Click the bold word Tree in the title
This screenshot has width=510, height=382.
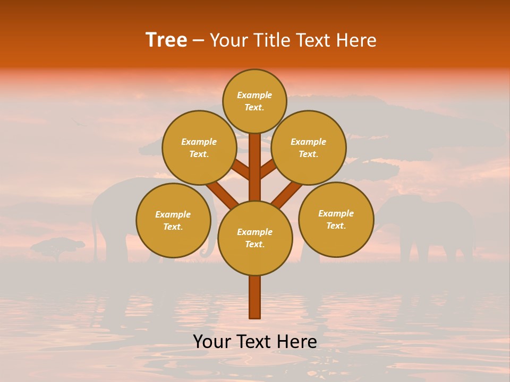click(x=166, y=40)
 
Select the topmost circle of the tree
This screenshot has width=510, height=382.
click(x=254, y=101)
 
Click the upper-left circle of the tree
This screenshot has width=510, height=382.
click(x=199, y=147)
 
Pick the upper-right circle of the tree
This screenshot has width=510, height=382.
click(x=309, y=147)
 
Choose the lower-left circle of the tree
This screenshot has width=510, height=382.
click(x=173, y=220)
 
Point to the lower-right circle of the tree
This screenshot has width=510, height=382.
click(x=336, y=219)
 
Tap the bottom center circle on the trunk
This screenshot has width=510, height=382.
click(x=255, y=238)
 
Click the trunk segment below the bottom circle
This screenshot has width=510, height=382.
click(x=255, y=297)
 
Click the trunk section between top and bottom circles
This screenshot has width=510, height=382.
click(x=255, y=167)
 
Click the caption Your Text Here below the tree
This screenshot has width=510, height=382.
click(x=255, y=342)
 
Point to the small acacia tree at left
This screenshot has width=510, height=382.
click(x=57, y=247)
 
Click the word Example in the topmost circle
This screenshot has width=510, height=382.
click(x=254, y=95)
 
